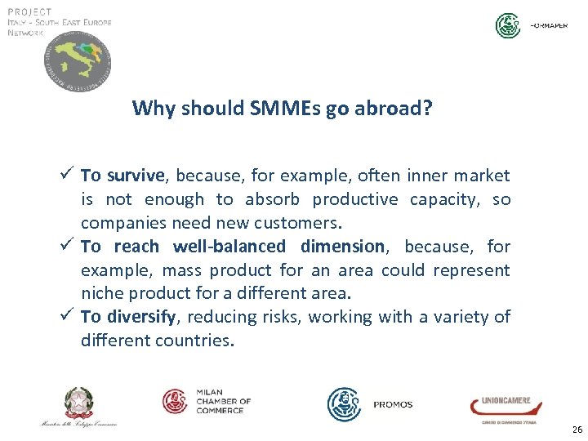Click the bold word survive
click(136, 176)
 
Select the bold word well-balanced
click(229, 247)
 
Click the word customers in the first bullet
click(277, 223)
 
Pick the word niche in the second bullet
click(100, 293)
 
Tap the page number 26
click(577, 429)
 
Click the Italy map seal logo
click(78, 64)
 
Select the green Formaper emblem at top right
click(508, 25)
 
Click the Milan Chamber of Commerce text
click(223, 401)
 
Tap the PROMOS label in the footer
click(393, 404)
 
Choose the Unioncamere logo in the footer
click(501, 406)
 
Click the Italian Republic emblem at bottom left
click(79, 403)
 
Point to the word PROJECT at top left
click(29, 11)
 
